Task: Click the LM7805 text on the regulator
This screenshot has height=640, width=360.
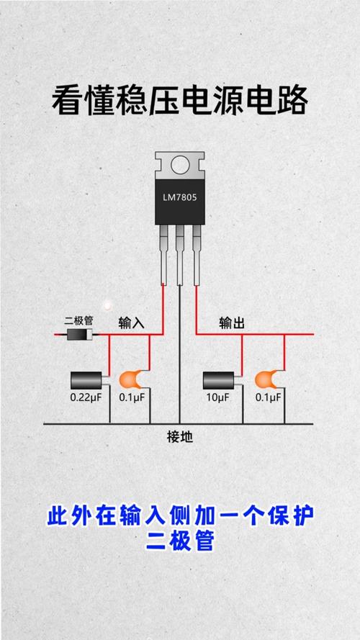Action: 179,198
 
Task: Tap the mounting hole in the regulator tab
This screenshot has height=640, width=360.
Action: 180,166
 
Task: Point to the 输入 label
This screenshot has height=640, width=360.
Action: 132,323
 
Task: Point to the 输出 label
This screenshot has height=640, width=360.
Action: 232,323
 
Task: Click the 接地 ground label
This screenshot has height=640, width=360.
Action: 179,438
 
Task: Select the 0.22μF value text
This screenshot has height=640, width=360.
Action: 86,397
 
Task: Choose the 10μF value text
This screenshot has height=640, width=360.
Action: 217,397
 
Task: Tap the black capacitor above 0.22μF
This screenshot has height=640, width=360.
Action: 86,380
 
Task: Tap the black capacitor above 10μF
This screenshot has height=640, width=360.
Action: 219,380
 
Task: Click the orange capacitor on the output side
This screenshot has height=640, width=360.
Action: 267,379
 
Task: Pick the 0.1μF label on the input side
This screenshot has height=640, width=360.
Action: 132,397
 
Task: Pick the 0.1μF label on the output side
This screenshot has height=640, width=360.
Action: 268,397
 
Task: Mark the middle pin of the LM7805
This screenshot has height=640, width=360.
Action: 179,255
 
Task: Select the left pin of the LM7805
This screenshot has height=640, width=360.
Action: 163,255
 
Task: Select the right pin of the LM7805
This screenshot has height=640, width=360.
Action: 197,255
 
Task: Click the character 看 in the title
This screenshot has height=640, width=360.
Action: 68,101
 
